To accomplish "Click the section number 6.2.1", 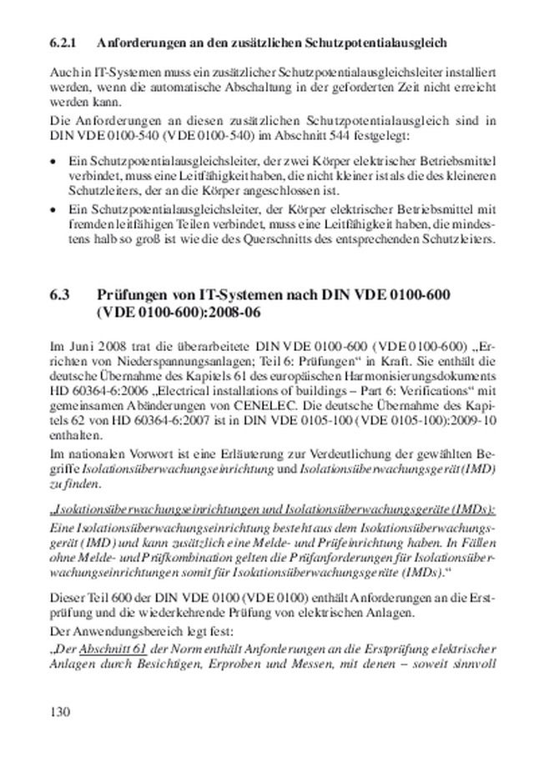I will tap(64, 41).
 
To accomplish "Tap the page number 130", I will tap(60, 711).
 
